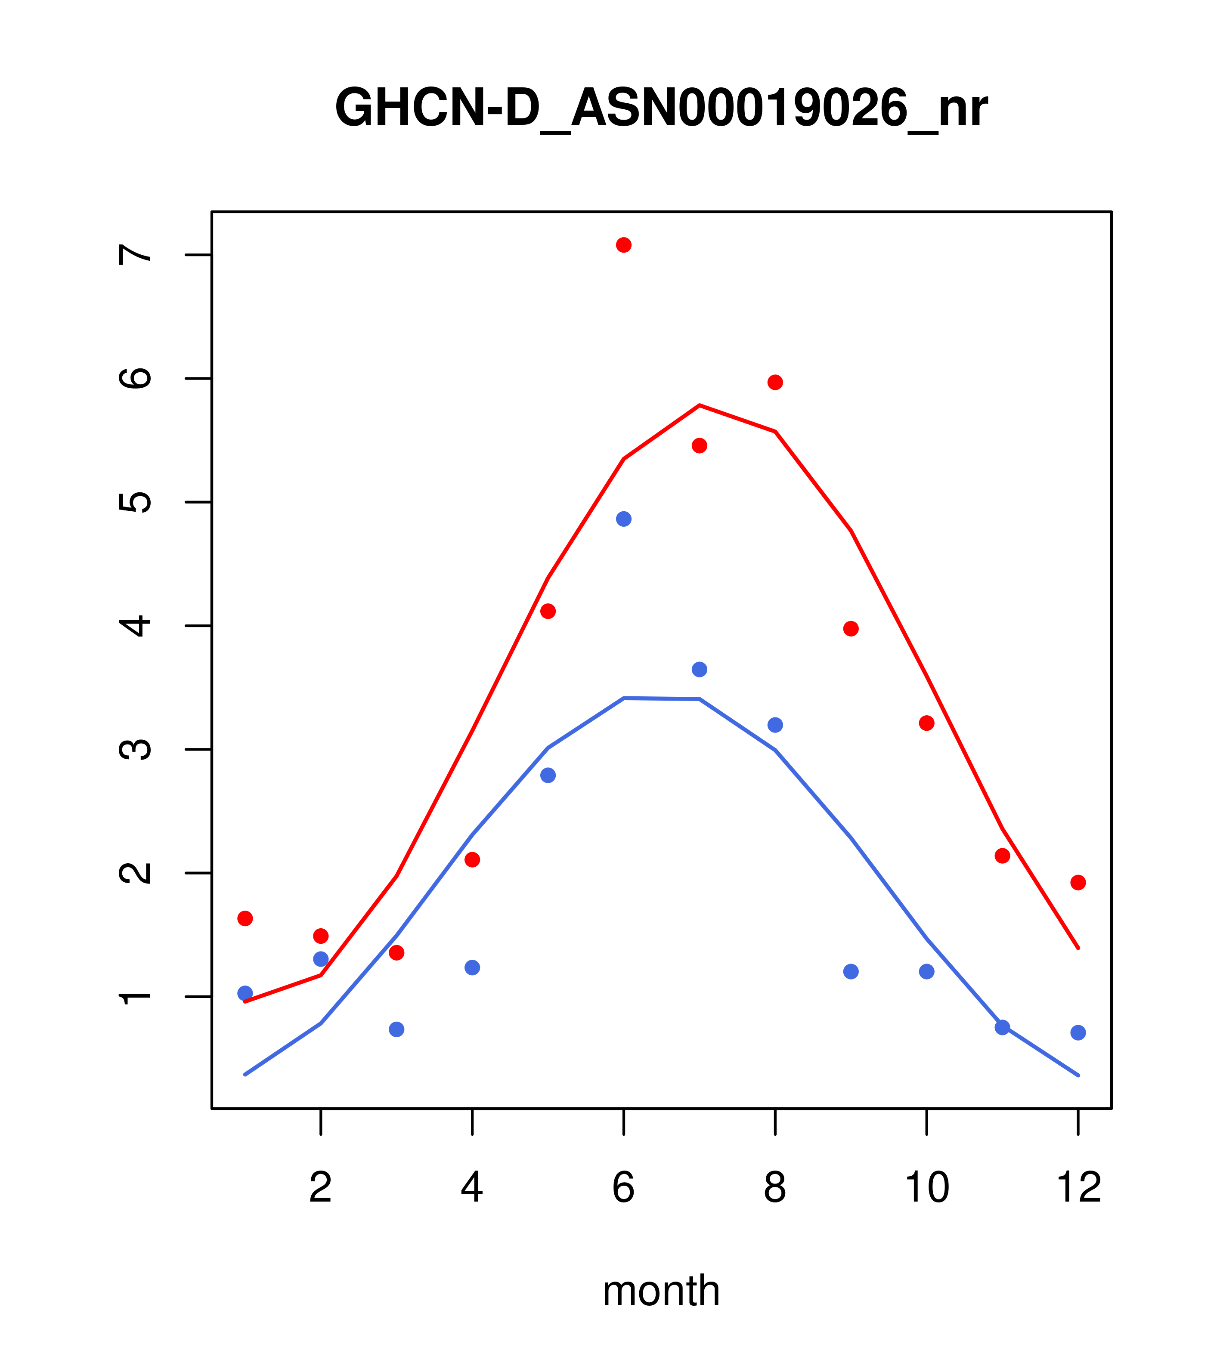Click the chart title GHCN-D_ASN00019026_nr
coord(661,108)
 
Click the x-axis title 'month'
coord(661,1290)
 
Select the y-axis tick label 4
coord(134,626)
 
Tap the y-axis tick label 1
coord(134,996)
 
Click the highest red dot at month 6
coord(624,245)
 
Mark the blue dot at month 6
coord(624,519)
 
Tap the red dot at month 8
coord(775,383)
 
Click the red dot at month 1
coord(245,918)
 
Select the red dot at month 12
coord(1078,883)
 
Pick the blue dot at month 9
coord(851,971)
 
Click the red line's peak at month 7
coord(700,405)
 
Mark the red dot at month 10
coord(926,723)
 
